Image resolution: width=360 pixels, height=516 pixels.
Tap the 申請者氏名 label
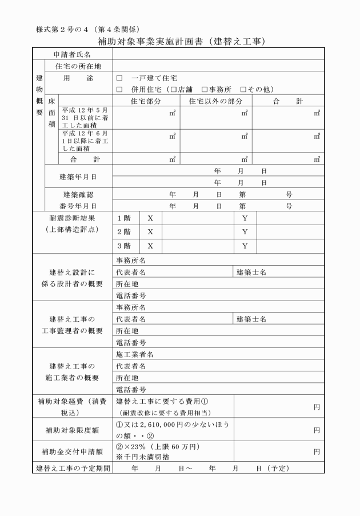tap(71, 54)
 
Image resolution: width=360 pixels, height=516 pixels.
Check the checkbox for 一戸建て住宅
tap(119, 78)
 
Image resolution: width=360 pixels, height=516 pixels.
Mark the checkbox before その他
tap(243, 89)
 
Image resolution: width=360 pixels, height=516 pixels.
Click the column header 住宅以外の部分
tap(215, 101)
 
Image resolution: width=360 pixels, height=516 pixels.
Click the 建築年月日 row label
tap(78, 177)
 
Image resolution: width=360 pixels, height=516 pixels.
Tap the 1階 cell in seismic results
tap(123, 218)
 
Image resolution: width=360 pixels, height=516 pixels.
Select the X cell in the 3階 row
tap(150, 246)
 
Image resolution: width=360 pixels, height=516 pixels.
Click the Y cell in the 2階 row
tap(244, 232)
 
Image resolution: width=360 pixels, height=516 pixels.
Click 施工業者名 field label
tap(135, 354)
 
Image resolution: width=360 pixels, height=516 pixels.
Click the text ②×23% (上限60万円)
tap(158, 446)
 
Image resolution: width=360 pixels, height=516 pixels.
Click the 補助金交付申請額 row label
tap(72, 451)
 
